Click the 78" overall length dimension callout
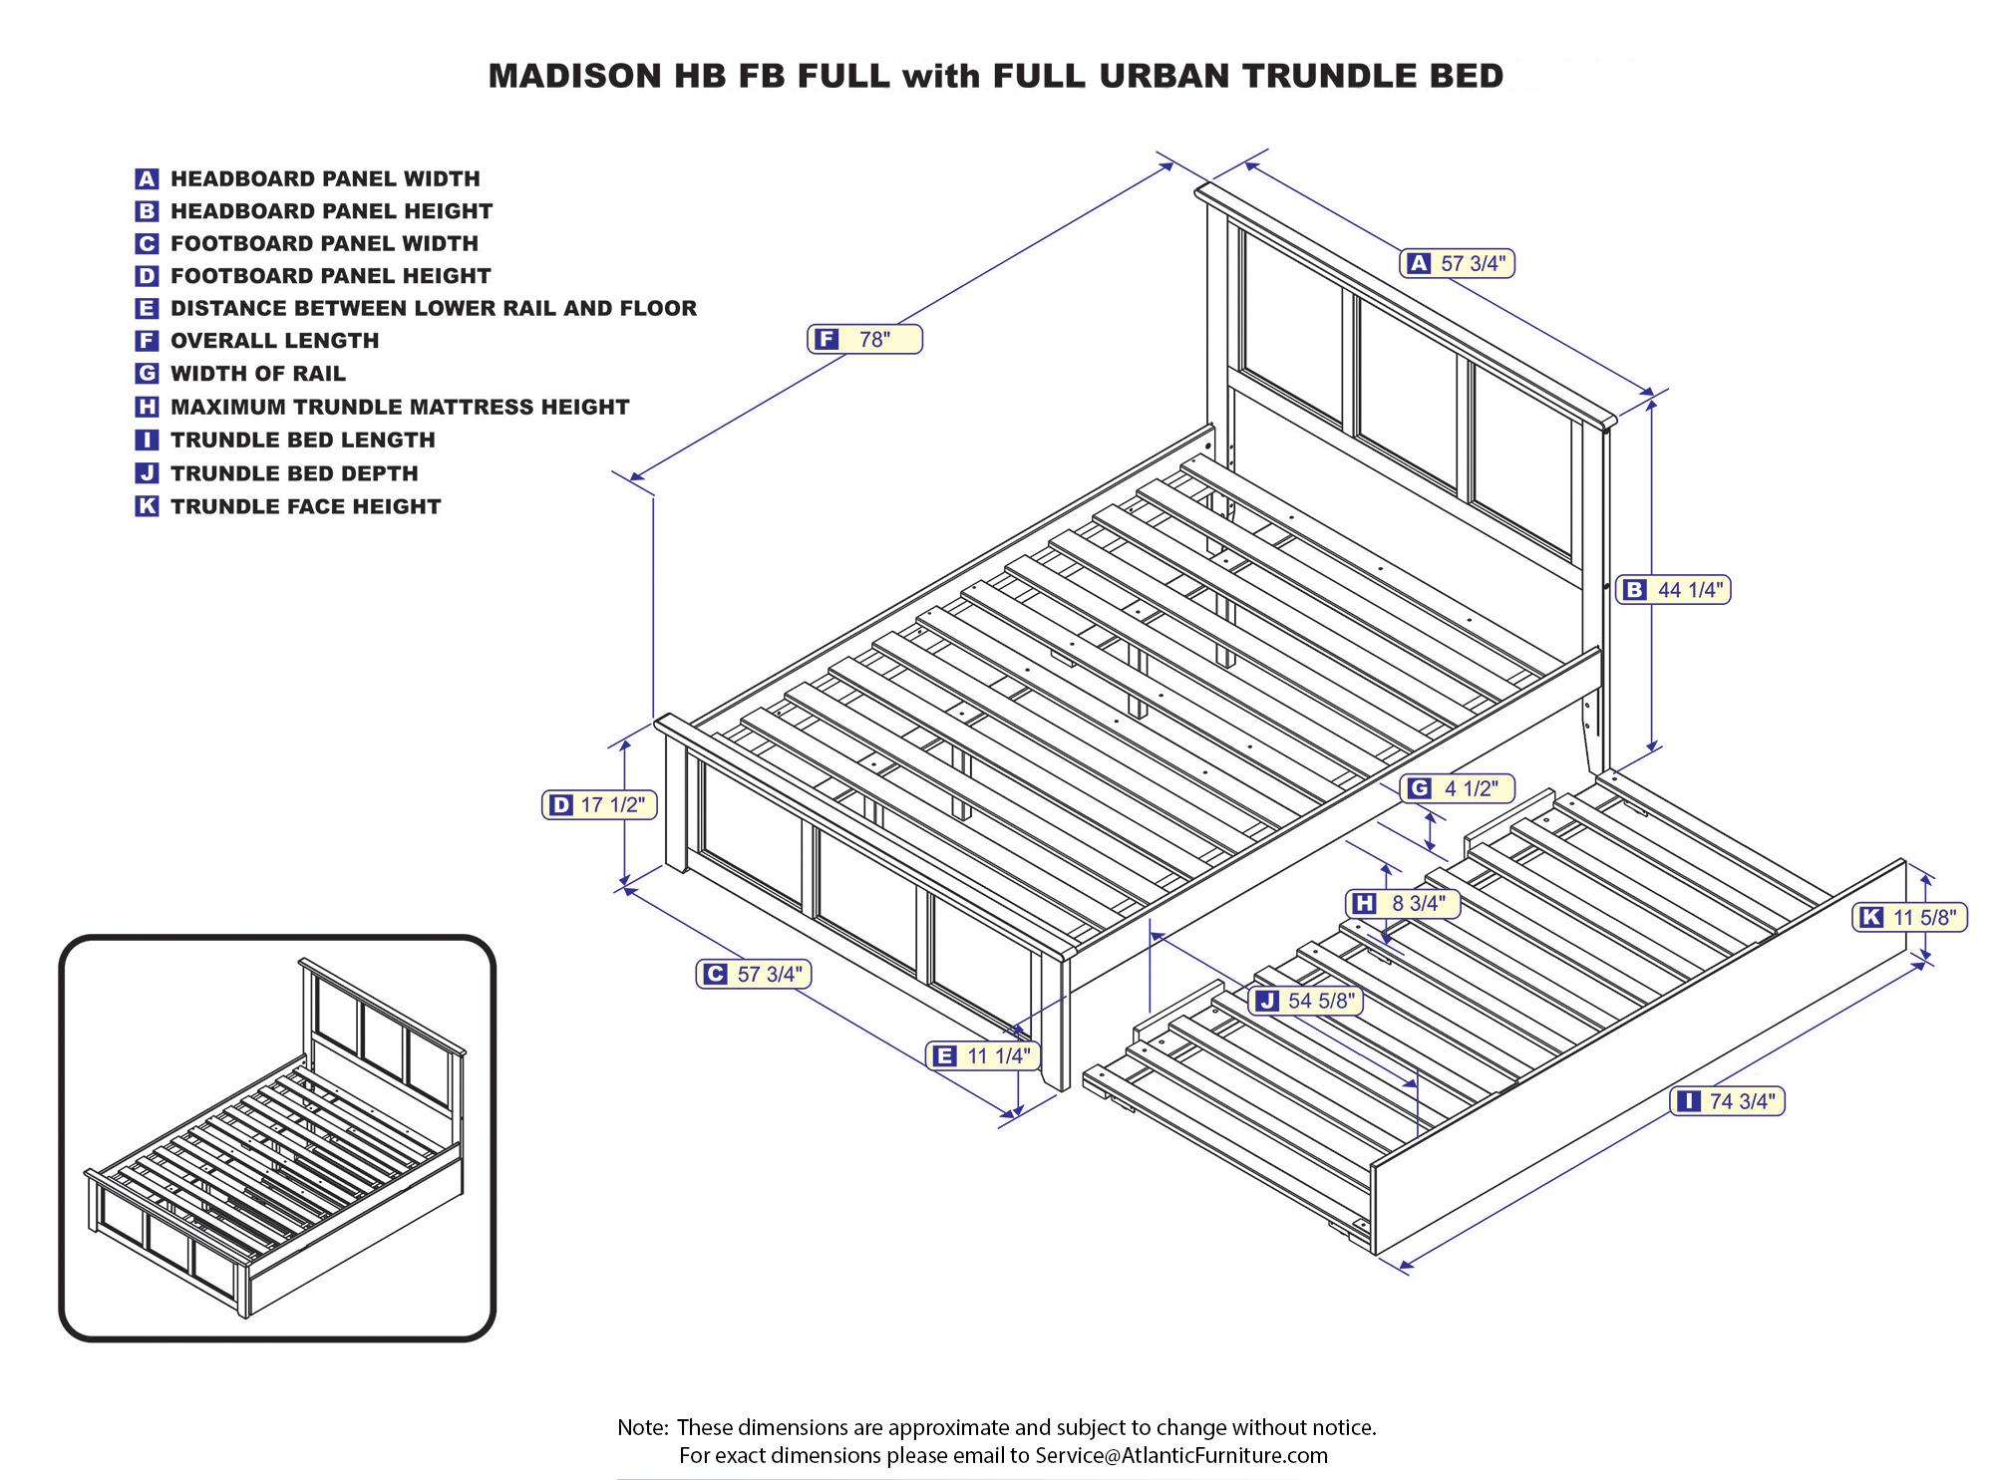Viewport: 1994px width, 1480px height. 864,340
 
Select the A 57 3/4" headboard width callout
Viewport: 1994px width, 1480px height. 1457,264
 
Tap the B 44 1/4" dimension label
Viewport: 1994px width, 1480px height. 1673,590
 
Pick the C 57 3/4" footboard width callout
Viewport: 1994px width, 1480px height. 754,974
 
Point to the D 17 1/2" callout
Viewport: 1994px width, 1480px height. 599,804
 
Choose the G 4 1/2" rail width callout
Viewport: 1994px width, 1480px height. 1458,788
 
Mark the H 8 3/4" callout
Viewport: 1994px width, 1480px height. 1403,903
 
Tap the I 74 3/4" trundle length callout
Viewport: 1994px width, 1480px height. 1727,1101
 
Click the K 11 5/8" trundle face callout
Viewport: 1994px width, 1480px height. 1909,917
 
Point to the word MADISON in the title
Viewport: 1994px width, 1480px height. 574,77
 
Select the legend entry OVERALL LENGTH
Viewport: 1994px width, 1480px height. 274,341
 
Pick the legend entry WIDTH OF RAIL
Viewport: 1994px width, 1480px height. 257,374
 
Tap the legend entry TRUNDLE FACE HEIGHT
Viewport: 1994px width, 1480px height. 305,506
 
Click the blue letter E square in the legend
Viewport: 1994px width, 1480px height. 147,308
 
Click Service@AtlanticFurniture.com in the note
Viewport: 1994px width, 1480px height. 1180,1455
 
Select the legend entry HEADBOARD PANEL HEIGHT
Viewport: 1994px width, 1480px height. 331,211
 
